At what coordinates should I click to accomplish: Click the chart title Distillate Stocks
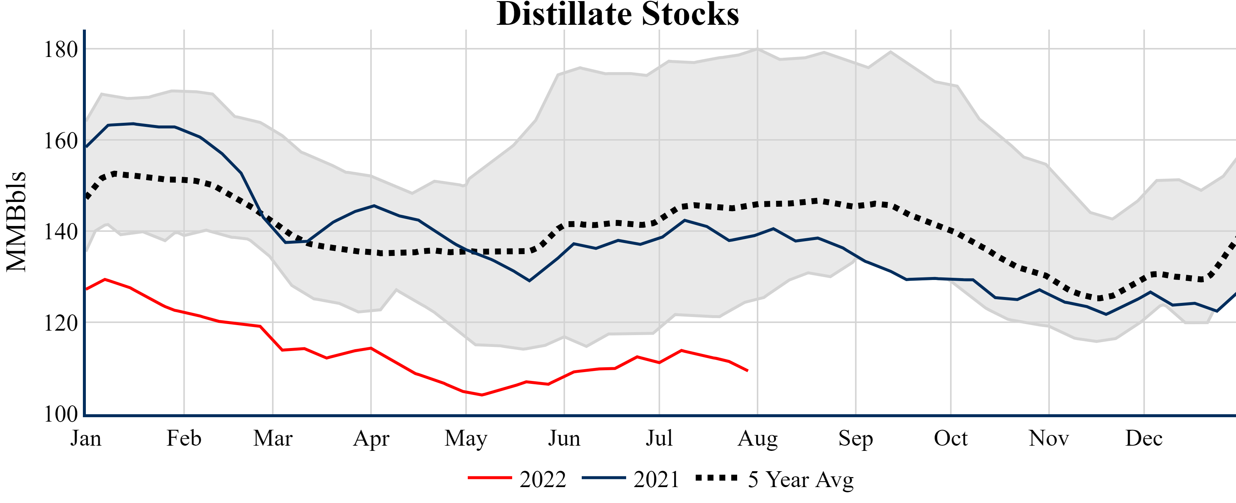[x=618, y=14]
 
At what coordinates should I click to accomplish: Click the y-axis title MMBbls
[x=16, y=222]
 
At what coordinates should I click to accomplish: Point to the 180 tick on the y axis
[x=60, y=50]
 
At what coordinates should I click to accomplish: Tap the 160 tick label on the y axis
[x=60, y=141]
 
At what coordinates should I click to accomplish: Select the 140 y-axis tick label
[x=60, y=232]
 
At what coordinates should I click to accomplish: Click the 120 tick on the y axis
[x=60, y=323]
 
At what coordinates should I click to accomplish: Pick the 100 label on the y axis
[x=60, y=414]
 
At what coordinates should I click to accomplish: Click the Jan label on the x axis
[x=86, y=438]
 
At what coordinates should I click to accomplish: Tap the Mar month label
[x=273, y=438]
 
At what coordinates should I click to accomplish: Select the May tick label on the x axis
[x=466, y=438]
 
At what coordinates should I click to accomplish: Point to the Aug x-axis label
[x=758, y=438]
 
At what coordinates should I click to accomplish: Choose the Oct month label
[x=951, y=438]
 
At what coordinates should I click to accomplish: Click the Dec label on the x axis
[x=1144, y=438]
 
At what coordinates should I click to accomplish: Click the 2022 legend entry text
[x=543, y=479]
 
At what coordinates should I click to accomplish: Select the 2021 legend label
[x=656, y=479]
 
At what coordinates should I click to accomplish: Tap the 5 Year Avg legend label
[x=801, y=479]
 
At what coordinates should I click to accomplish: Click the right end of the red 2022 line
[x=748, y=371]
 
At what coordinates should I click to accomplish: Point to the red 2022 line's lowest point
[x=482, y=395]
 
